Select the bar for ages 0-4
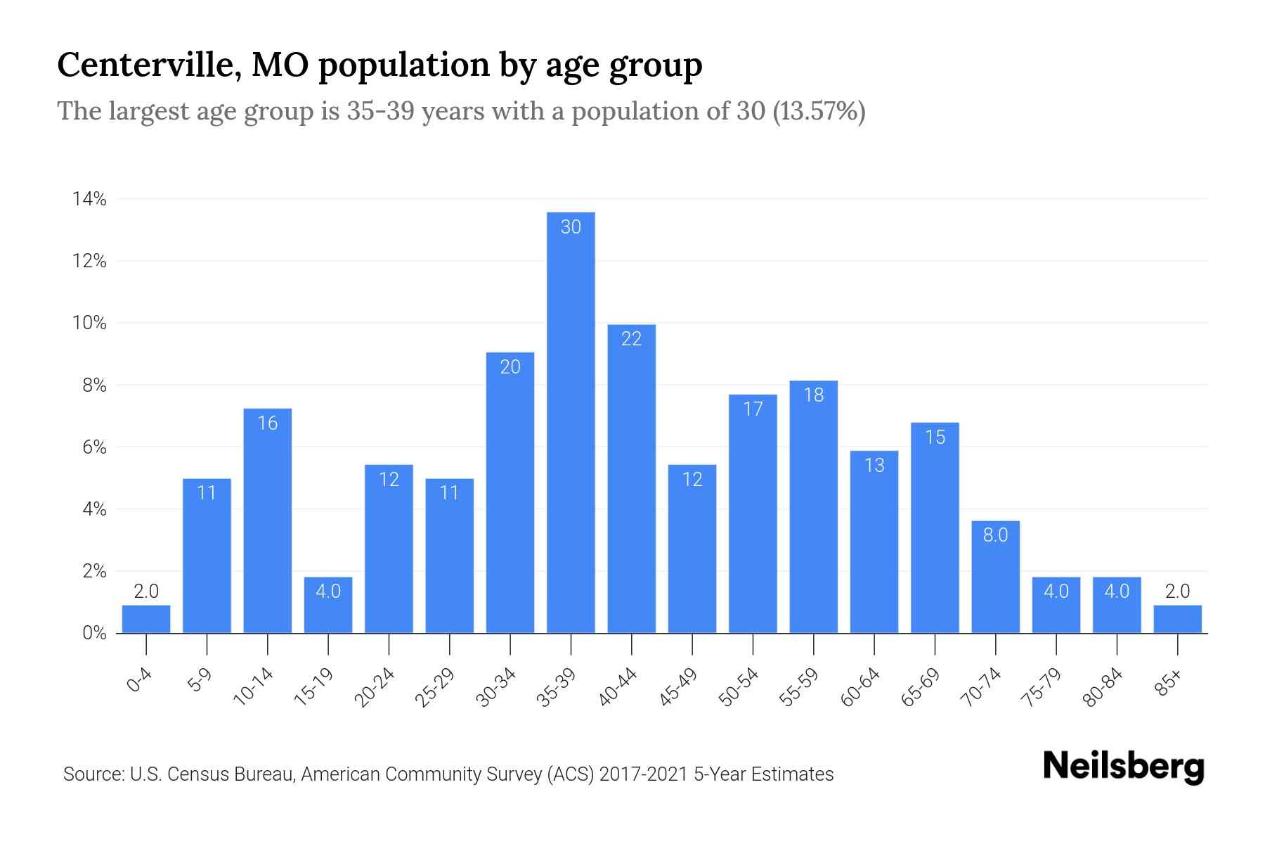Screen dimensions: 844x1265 [x=146, y=620]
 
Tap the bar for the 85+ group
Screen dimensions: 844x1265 [x=1177, y=620]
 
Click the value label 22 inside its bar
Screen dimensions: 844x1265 [x=631, y=339]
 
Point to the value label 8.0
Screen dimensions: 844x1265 [x=995, y=535]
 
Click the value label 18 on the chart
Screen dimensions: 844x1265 [x=813, y=395]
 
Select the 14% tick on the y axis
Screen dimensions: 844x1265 [x=89, y=200]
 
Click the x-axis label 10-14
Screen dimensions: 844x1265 [x=254, y=687]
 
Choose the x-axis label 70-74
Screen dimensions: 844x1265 [x=982, y=687]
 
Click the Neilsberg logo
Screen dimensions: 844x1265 [x=1123, y=767]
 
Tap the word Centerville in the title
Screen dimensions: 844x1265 [x=146, y=65]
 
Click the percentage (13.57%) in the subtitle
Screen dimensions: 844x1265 [x=819, y=111]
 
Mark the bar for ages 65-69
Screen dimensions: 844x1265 [x=935, y=527]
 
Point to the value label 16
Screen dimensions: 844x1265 [x=268, y=423]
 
